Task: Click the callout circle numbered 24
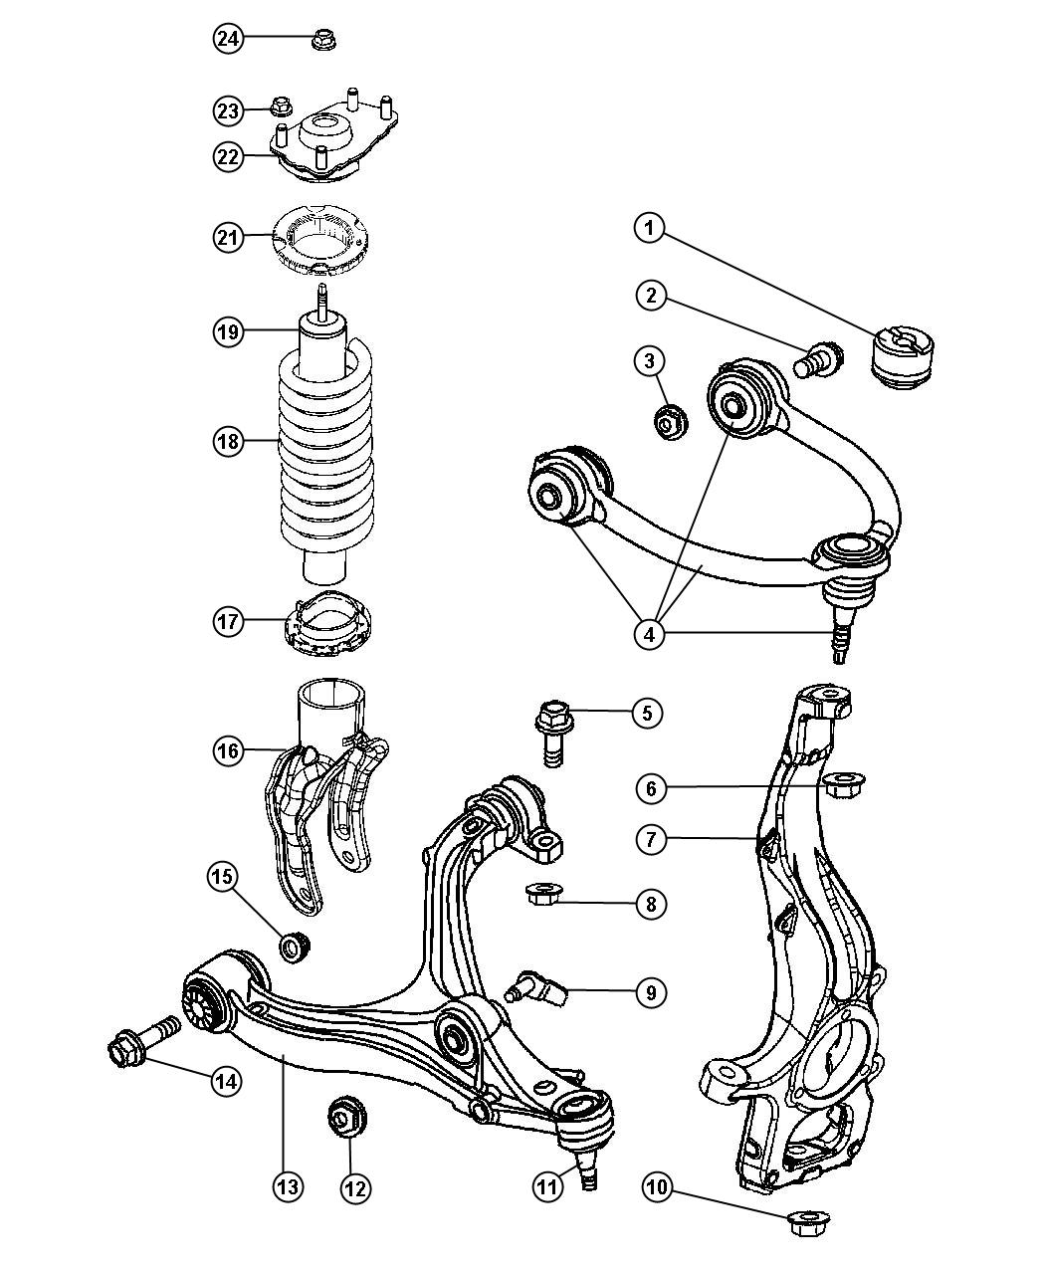coord(228,39)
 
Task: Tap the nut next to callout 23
coord(281,105)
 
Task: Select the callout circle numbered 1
coord(649,230)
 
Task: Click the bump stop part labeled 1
coord(904,357)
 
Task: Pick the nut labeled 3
coord(668,422)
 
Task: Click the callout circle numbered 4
coord(649,634)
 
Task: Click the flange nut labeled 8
coord(544,894)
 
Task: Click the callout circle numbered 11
coord(546,1186)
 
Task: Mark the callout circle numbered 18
coord(228,440)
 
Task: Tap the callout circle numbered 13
coord(288,1186)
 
